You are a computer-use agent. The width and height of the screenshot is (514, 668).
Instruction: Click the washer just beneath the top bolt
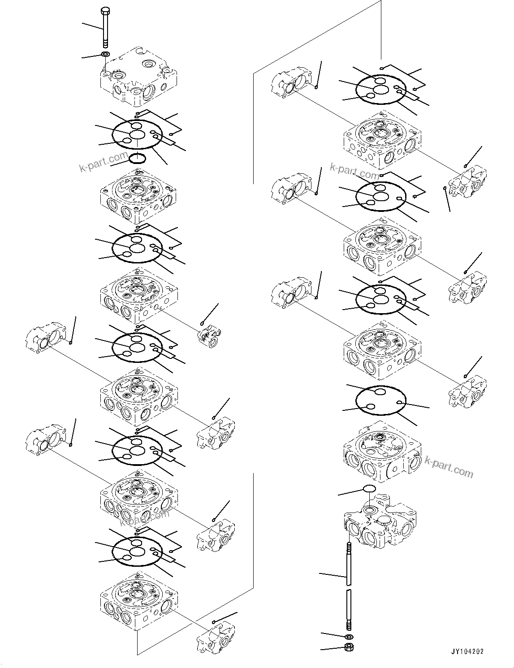(105, 55)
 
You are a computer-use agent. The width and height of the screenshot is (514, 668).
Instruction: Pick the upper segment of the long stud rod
(348, 562)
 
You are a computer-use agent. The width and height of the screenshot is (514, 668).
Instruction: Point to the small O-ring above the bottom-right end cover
(370, 488)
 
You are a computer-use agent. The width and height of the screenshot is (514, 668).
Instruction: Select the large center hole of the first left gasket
(138, 134)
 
